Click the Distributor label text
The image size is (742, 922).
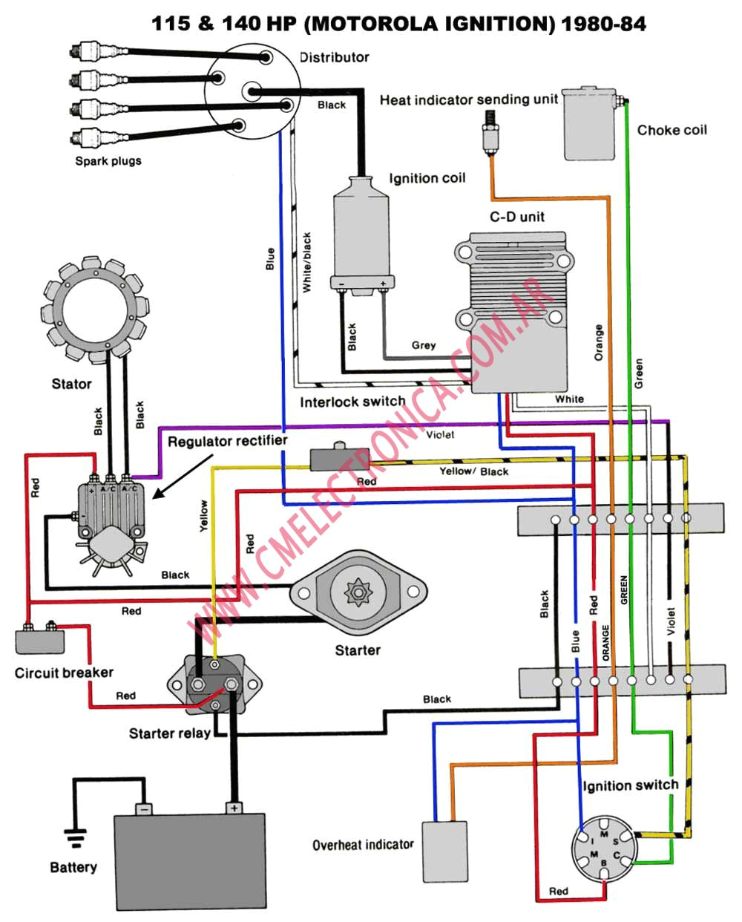(x=334, y=57)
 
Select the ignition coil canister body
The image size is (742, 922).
(x=361, y=235)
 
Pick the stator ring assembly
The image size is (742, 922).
(x=95, y=310)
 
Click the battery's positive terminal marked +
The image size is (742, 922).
(x=234, y=808)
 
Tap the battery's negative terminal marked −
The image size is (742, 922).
(x=144, y=810)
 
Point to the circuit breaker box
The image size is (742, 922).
(x=40, y=641)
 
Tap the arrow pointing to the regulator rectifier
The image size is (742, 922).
(x=183, y=477)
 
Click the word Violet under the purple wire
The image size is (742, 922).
(x=440, y=435)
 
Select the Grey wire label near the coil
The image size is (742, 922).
(x=424, y=345)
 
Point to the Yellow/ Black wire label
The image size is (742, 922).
(x=474, y=471)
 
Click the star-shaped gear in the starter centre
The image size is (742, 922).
(x=358, y=592)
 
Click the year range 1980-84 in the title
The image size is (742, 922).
(x=604, y=24)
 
